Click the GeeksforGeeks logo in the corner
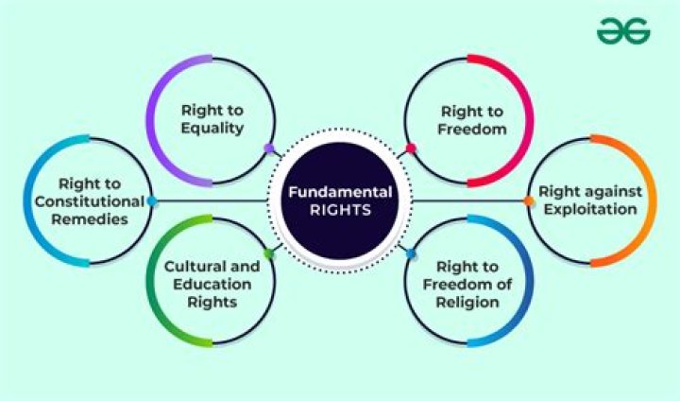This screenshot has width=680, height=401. click(x=623, y=30)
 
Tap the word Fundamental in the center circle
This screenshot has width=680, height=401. click(x=340, y=192)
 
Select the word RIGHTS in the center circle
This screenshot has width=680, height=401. click(x=340, y=210)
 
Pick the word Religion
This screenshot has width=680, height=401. click(x=468, y=303)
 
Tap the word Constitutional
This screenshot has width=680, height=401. click(x=88, y=200)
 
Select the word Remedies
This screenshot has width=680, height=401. click(x=90, y=218)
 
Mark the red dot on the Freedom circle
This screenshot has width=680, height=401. click(x=411, y=148)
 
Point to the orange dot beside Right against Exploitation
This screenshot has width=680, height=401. click(x=529, y=200)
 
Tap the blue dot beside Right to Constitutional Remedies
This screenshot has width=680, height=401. click(x=152, y=200)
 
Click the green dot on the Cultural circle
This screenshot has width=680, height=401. click(x=269, y=253)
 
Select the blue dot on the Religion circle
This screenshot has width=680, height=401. click(x=411, y=253)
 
